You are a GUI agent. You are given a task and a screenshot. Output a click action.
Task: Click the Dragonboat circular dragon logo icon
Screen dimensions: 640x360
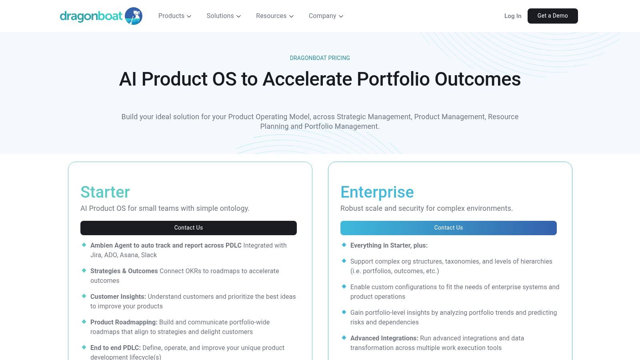pyautogui.click(x=134, y=16)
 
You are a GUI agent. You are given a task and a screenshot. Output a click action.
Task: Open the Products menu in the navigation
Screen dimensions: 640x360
pyautogui.click(x=174, y=16)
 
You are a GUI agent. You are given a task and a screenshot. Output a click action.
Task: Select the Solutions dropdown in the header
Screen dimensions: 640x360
pyautogui.click(x=224, y=16)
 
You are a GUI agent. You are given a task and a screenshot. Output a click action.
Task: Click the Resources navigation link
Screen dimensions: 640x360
pyautogui.click(x=274, y=16)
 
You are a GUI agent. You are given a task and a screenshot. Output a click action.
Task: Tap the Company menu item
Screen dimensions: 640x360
pyautogui.click(x=326, y=16)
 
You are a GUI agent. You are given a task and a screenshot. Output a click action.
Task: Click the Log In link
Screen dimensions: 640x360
pyautogui.click(x=512, y=16)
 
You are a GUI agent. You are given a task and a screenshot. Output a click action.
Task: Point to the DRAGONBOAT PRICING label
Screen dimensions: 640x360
pyautogui.click(x=320, y=58)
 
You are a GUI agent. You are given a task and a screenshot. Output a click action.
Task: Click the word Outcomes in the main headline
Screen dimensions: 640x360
pyautogui.click(x=478, y=79)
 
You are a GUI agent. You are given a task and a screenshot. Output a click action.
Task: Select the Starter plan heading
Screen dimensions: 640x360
pyautogui.click(x=105, y=192)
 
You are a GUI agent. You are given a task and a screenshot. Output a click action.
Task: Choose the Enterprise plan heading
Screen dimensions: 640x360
pyautogui.click(x=377, y=192)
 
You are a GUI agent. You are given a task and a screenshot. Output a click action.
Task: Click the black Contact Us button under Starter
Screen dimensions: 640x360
pyautogui.click(x=188, y=228)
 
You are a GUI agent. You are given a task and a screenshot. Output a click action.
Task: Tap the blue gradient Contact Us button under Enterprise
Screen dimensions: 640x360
pyautogui.click(x=448, y=228)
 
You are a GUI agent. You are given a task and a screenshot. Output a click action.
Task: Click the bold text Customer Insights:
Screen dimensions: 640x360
pyautogui.click(x=118, y=296)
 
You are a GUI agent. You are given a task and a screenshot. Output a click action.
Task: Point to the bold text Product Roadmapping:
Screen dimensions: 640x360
pyautogui.click(x=124, y=322)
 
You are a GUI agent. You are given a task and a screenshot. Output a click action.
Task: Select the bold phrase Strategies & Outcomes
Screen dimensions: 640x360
pyautogui.click(x=124, y=271)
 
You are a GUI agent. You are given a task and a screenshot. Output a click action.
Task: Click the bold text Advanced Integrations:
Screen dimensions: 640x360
pyautogui.click(x=384, y=338)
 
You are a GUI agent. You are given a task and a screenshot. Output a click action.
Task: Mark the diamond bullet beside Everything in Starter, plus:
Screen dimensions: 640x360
pyautogui.click(x=344, y=245)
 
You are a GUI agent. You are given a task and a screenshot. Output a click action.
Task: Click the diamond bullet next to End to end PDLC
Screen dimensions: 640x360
pyautogui.click(x=84, y=347)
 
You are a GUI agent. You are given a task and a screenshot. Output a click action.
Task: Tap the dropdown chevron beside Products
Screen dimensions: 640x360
pyautogui.click(x=189, y=16)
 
